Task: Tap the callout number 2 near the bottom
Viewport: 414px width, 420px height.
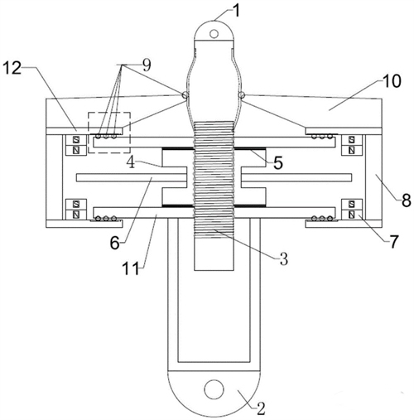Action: (261, 408)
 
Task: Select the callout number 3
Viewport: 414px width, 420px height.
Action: (284, 258)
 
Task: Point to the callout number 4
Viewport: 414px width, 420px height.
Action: (131, 162)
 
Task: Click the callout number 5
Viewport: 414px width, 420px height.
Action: (278, 163)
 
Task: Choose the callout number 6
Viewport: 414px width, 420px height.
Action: (115, 243)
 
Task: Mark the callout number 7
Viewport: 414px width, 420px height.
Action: (394, 241)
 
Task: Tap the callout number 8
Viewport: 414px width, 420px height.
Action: (406, 200)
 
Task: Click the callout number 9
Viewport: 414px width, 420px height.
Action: (146, 65)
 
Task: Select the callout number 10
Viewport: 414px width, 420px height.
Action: (391, 81)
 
